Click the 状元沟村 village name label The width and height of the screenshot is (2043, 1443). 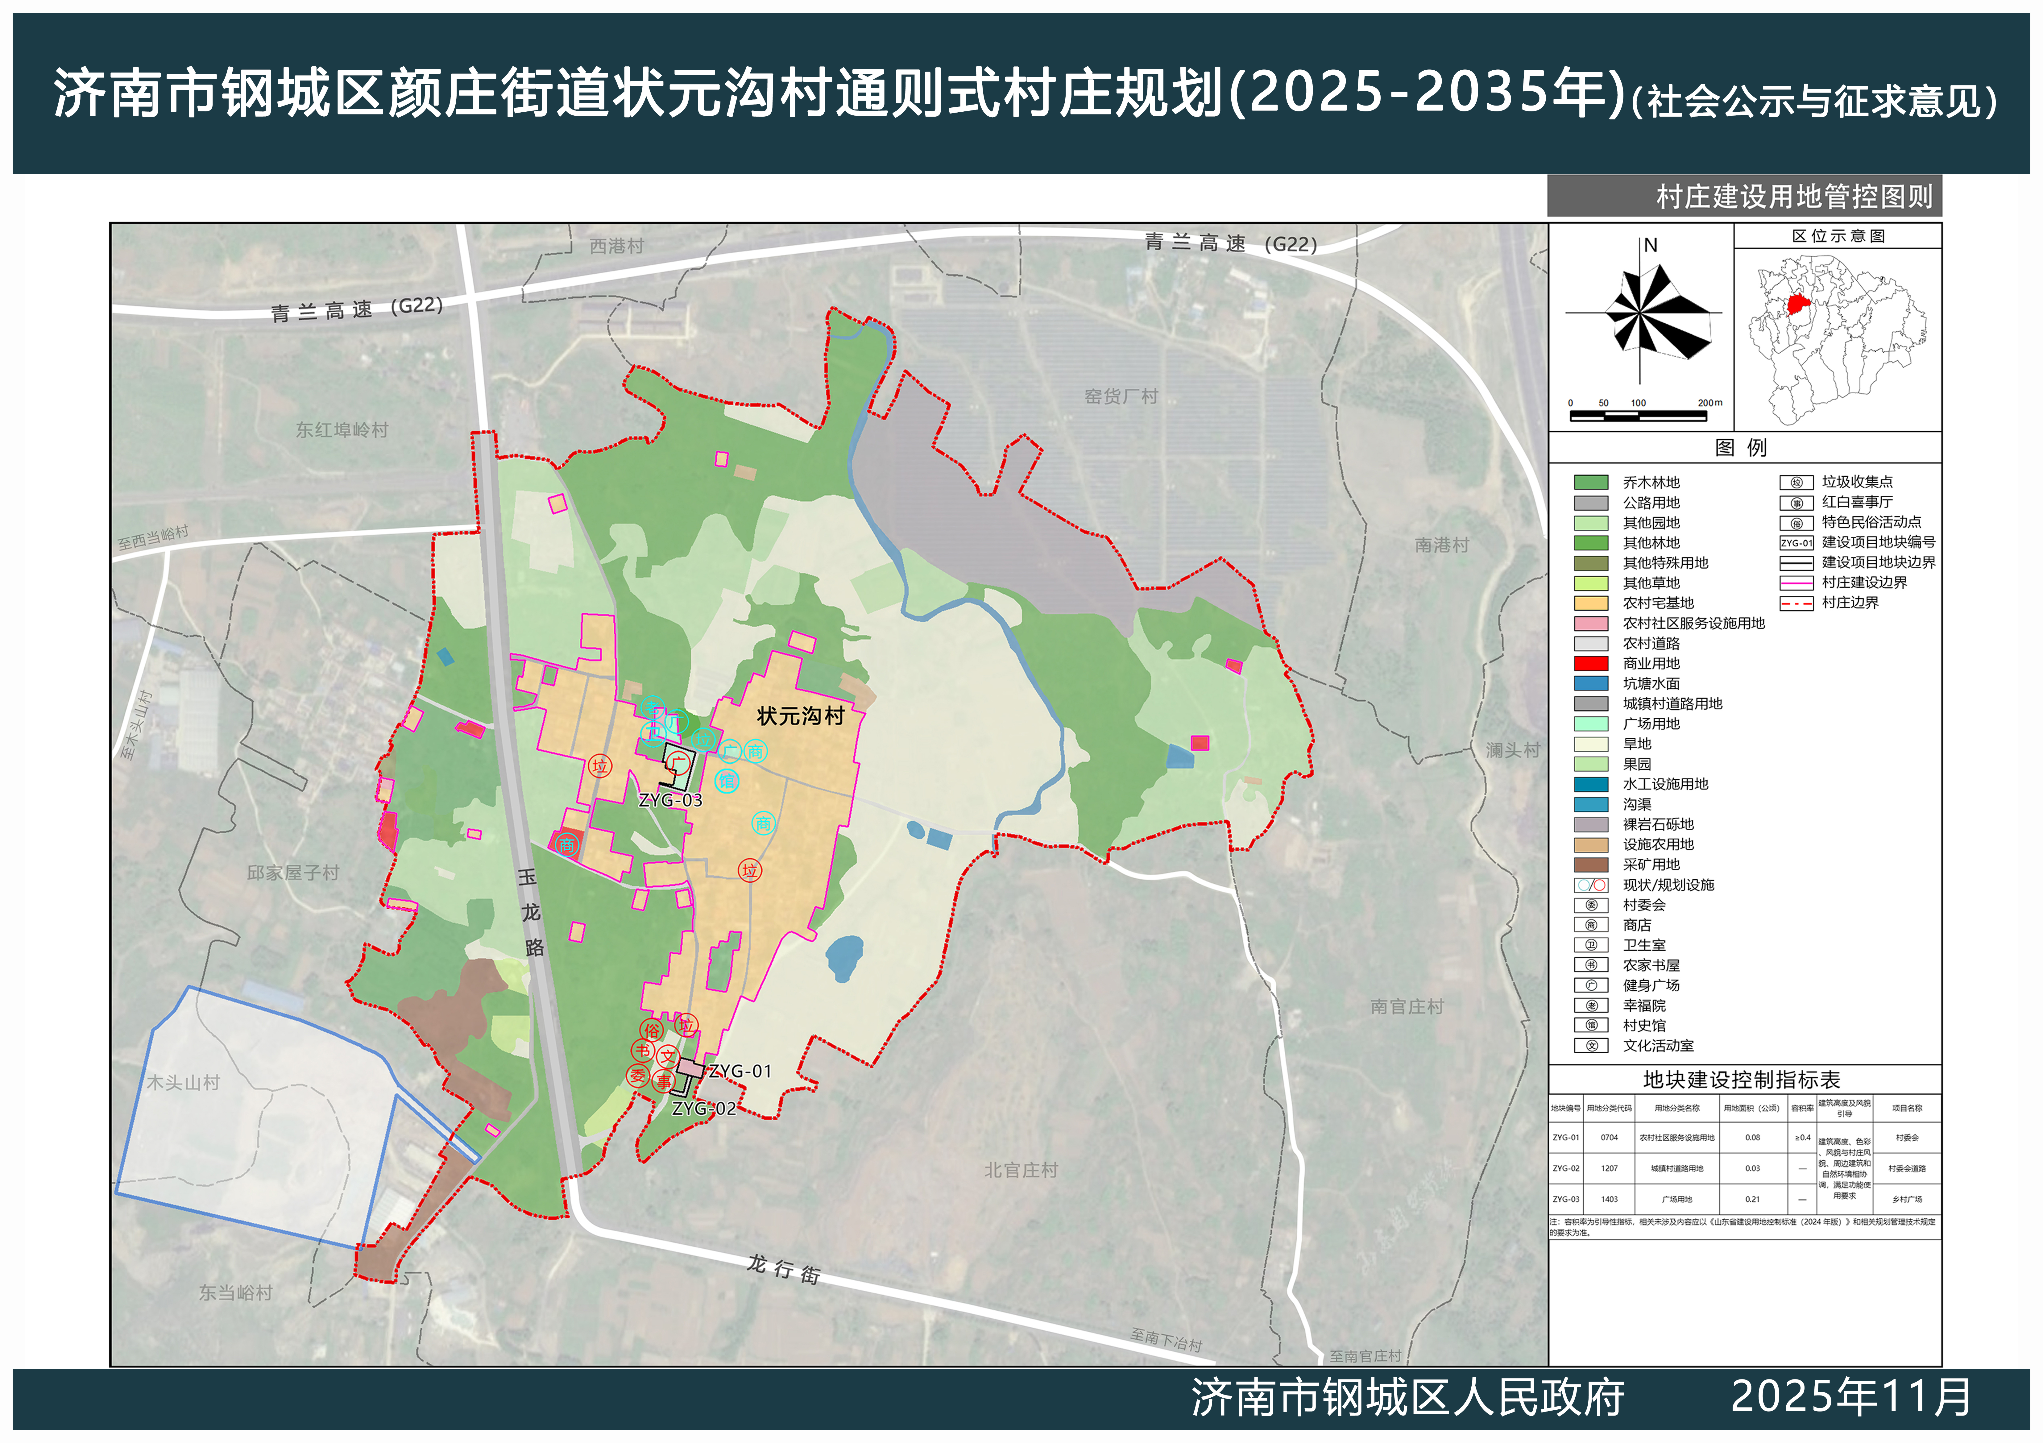pos(800,716)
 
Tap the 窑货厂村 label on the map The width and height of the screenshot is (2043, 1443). pos(1121,397)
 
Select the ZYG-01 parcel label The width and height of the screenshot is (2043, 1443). pos(740,1071)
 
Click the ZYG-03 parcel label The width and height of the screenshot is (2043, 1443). pos(670,800)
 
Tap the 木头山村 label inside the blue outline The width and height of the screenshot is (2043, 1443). pos(183,1083)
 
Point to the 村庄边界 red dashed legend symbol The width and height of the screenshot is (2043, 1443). pos(1796,603)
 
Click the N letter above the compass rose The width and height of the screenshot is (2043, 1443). pos(1651,246)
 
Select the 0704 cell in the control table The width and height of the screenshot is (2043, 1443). pos(1609,1138)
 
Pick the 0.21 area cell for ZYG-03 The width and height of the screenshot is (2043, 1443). pos(1752,1199)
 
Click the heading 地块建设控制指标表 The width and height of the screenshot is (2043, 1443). pos(1741,1080)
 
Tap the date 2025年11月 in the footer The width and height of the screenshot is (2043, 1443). pos(1851,1397)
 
